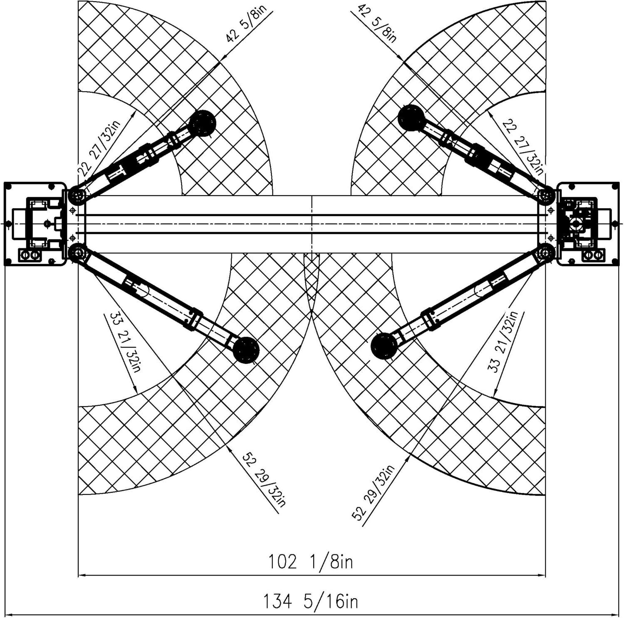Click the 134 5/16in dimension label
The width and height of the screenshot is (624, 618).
(310, 601)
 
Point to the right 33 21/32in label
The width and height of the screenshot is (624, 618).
(502, 342)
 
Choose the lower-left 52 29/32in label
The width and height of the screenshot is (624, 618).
(264, 479)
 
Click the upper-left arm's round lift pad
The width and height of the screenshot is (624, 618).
(203, 123)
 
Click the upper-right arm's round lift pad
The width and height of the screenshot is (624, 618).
(411, 118)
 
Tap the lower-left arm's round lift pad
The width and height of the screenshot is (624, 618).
(246, 350)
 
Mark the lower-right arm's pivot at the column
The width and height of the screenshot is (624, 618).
(546, 252)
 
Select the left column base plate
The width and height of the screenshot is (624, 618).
(35, 224)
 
